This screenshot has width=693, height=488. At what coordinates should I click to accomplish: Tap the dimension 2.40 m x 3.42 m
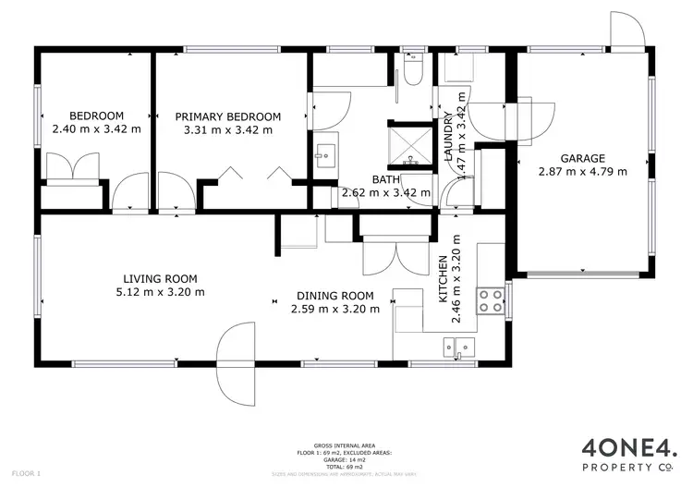tap(97, 129)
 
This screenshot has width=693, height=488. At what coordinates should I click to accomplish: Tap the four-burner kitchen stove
tap(490, 299)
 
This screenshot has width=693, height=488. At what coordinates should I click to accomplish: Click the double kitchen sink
tap(458, 348)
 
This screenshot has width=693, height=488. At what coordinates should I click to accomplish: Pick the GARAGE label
tap(582, 158)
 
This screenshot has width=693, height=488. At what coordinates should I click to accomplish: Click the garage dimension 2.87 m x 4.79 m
tap(582, 171)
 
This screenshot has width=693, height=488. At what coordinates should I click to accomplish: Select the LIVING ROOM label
tap(161, 278)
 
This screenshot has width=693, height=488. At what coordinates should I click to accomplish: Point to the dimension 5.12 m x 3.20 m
tap(161, 291)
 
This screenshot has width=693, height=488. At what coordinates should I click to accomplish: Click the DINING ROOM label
tap(335, 296)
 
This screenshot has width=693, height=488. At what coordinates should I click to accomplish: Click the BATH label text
tap(385, 179)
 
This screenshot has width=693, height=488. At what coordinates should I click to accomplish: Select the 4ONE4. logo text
tap(628, 450)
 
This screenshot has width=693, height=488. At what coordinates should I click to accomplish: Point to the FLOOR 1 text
tap(28, 473)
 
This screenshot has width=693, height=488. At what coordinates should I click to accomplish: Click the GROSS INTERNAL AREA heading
tap(346, 445)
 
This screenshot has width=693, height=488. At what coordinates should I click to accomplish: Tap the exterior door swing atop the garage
tap(628, 30)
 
